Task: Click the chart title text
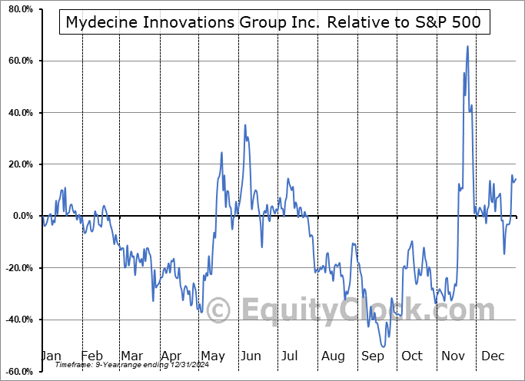pyautogui.click(x=273, y=22)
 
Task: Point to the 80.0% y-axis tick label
pyautogui.click(x=17, y=9)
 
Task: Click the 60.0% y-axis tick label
pyautogui.click(x=17, y=61)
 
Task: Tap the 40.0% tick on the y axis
pyautogui.click(x=17, y=113)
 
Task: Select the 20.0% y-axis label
pyautogui.click(x=17, y=164)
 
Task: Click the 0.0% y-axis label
pyautogui.click(x=19, y=216)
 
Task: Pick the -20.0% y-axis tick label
pyautogui.click(x=15, y=268)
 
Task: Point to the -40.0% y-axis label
pyautogui.click(x=15, y=320)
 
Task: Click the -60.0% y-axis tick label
pyautogui.click(x=15, y=372)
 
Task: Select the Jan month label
pyautogui.click(x=51, y=356)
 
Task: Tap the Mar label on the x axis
pyautogui.click(x=131, y=356)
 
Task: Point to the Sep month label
pyautogui.click(x=373, y=356)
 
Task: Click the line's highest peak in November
pyautogui.click(x=467, y=47)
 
